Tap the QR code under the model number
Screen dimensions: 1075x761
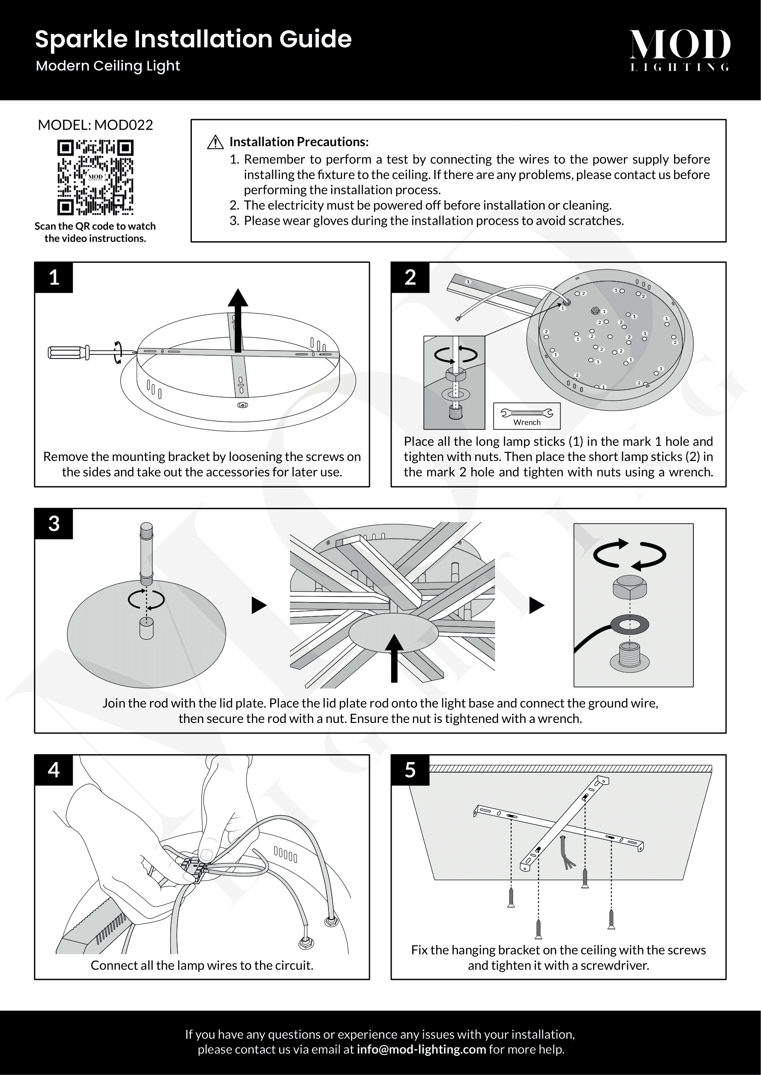pos(95,177)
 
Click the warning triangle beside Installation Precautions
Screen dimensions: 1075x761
pos(215,142)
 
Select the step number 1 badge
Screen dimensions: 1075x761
pos(54,278)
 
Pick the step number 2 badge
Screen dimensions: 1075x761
pos(410,278)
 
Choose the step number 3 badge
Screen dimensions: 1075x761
pos(54,524)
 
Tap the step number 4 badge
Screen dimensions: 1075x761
pos(54,770)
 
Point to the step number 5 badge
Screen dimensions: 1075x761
pos(410,770)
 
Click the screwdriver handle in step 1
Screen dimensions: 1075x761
pos(69,352)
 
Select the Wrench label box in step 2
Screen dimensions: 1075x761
pos(527,416)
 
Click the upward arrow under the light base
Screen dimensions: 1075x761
pos(394,658)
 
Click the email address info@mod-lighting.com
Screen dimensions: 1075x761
pos(421,1049)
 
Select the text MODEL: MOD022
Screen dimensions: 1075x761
pos(95,125)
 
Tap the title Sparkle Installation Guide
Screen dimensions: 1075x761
pos(193,39)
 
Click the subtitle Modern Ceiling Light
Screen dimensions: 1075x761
pos(108,66)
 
